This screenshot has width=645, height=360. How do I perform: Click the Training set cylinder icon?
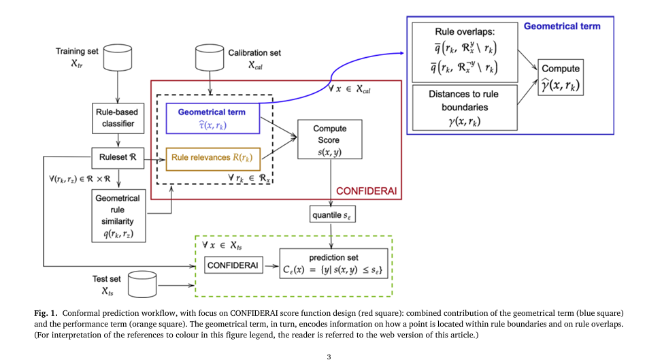point(118,58)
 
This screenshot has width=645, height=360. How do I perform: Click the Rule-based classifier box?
point(118,116)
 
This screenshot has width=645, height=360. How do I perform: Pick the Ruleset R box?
point(118,157)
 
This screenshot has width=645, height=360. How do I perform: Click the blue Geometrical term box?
point(212,117)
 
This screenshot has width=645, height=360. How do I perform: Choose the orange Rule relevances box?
point(212,158)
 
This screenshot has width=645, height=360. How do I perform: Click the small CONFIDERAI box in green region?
point(233,265)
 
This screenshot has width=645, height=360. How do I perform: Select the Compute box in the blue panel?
point(561,78)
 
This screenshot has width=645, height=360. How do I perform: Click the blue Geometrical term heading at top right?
point(562,27)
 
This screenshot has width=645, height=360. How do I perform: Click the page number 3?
point(329,356)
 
